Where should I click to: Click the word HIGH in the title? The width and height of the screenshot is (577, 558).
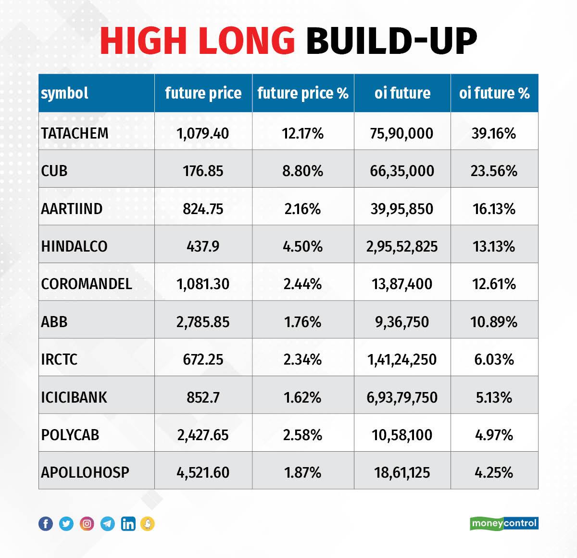142,40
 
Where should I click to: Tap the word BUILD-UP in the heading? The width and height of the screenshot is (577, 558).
391,40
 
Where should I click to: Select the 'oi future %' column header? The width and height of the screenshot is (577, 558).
494,93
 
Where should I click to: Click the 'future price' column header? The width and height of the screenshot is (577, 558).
203,93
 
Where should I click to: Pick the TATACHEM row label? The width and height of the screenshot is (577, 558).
75,133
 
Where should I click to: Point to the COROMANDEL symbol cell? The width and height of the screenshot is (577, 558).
87,284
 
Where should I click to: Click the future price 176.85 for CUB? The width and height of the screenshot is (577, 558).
203,171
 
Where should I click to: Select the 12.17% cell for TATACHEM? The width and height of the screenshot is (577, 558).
302,133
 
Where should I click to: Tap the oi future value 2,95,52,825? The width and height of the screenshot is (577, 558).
402,246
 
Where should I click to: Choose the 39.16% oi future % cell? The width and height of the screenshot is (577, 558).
494,133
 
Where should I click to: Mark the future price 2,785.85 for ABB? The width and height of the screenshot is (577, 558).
203,322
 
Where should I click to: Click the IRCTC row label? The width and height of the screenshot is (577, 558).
59,359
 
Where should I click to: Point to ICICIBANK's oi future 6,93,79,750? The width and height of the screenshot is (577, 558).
402,397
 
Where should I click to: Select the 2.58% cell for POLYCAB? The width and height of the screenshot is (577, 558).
302,435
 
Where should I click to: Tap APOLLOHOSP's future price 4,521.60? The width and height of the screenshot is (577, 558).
203,472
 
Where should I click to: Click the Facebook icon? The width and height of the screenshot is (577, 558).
46,523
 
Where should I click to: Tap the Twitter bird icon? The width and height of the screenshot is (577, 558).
66,523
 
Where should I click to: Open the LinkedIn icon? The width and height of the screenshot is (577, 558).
128,523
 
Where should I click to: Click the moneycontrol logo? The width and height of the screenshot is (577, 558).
504,523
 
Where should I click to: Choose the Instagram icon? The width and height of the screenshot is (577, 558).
87,523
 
